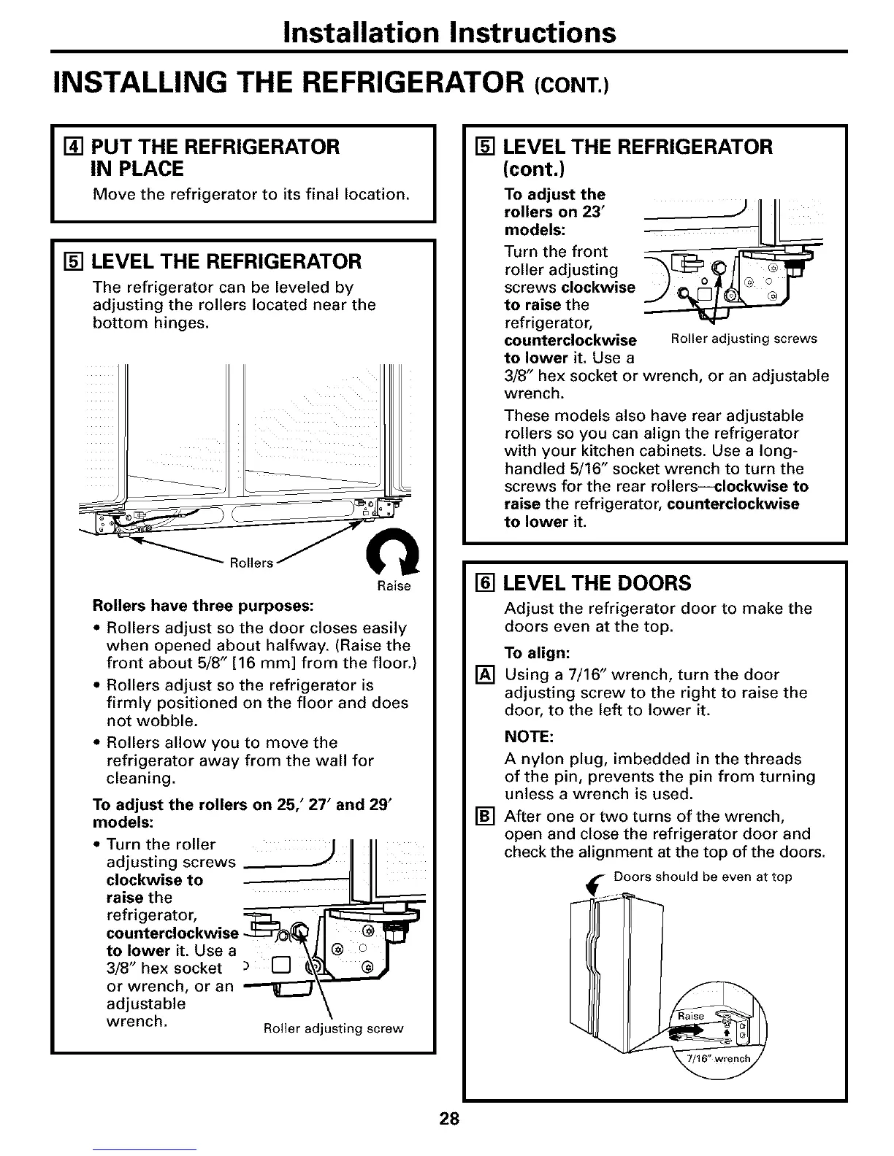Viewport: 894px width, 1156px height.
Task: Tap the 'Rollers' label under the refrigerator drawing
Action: [251, 563]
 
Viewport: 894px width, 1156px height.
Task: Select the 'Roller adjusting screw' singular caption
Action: [333, 1028]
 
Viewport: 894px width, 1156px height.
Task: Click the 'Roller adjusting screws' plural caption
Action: [743, 339]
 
